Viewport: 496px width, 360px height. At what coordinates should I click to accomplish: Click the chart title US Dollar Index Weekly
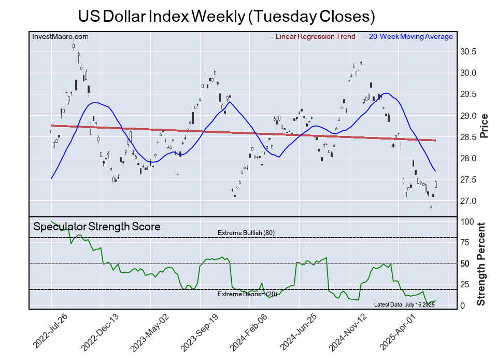click(226, 16)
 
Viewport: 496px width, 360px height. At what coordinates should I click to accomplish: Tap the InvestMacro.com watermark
click(60, 36)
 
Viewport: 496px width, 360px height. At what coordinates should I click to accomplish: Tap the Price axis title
click(484, 126)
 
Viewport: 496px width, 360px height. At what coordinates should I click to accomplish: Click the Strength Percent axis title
click(482, 264)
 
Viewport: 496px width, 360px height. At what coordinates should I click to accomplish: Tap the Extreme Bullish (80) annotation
click(246, 233)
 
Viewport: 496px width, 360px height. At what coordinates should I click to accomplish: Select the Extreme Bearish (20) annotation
click(247, 295)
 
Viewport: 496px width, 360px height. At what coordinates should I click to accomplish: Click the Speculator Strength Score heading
click(97, 227)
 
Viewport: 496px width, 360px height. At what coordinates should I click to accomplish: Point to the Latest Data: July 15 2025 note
click(404, 304)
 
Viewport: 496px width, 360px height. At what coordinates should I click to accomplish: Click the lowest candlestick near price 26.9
click(431, 206)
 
